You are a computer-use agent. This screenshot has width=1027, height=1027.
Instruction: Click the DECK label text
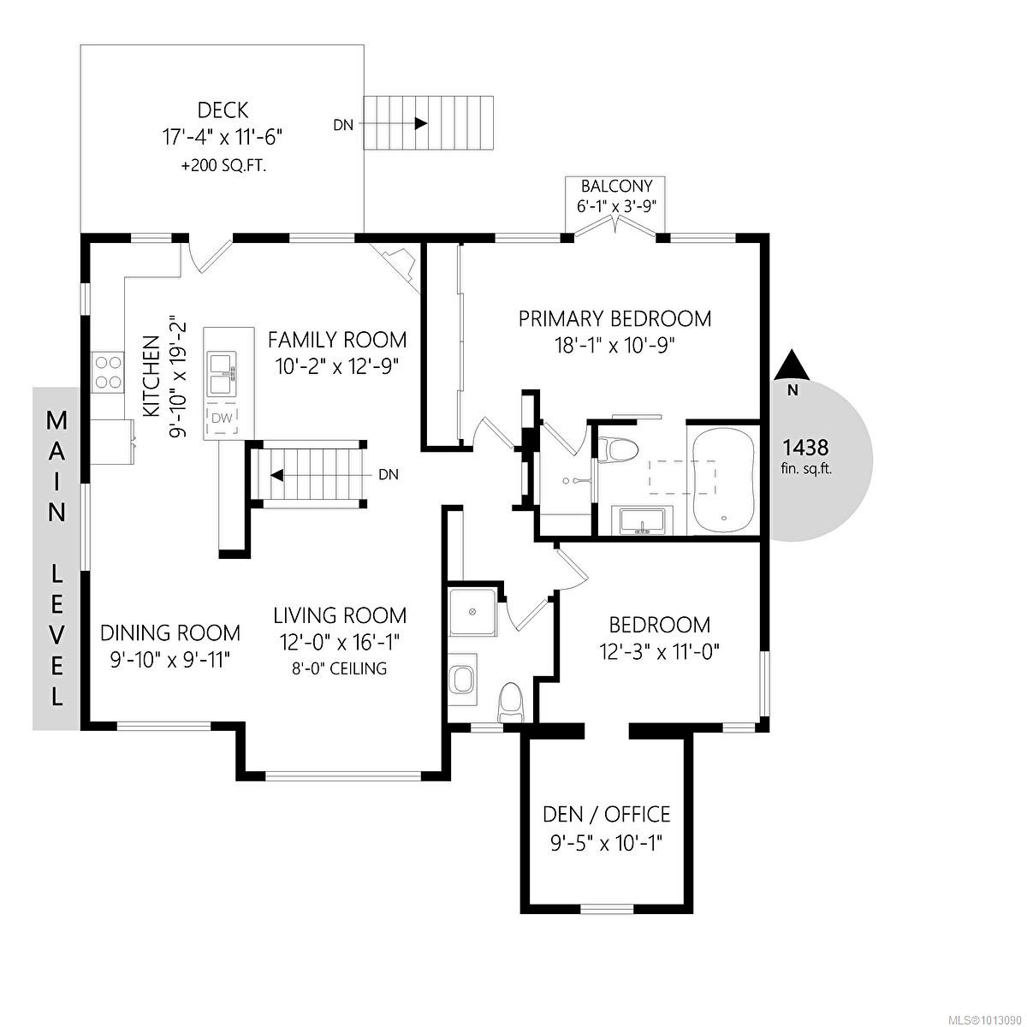[223, 110]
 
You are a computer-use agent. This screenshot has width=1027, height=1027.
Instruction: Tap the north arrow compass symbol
[793, 365]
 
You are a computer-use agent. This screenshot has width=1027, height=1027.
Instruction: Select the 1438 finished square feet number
[805, 447]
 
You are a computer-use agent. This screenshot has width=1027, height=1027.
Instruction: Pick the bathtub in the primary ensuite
[722, 479]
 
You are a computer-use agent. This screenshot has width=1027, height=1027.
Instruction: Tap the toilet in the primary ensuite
[619, 448]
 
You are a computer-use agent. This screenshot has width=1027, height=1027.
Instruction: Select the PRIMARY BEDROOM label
[614, 319]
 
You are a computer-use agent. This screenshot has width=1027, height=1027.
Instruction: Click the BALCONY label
[616, 186]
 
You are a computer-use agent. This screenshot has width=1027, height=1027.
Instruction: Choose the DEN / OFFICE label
[607, 814]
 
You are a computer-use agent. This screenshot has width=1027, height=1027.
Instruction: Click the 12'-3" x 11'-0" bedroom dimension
[659, 652]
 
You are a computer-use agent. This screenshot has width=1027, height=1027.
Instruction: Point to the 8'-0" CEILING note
[340, 668]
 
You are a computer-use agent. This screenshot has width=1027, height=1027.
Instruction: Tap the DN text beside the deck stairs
[343, 125]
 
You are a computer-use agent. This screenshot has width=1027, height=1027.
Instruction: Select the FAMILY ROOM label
[337, 340]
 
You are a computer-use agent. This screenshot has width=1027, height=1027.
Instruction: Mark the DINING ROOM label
[170, 633]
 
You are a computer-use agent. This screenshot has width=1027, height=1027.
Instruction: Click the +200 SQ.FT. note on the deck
[223, 167]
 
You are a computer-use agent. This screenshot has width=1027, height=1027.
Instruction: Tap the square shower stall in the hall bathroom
[472, 612]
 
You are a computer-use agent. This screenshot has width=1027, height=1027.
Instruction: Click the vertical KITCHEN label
[151, 377]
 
